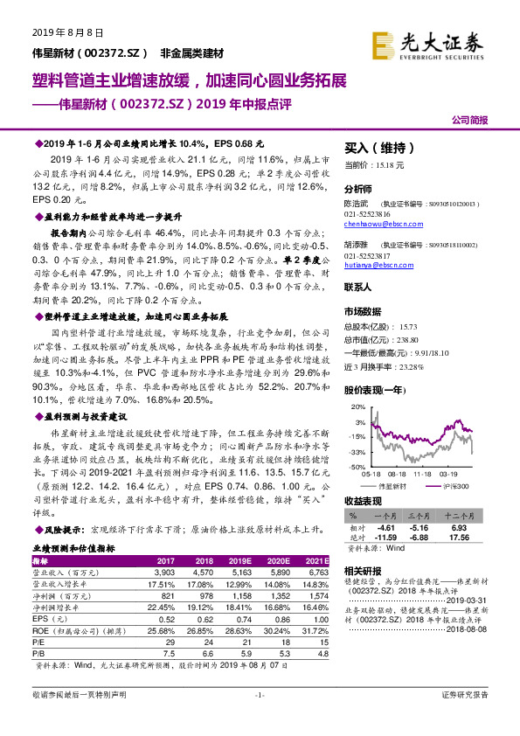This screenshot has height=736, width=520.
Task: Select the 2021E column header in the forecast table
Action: (x=315, y=560)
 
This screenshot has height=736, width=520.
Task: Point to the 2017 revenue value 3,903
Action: (x=164, y=571)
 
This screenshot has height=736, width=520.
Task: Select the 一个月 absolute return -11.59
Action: (x=385, y=538)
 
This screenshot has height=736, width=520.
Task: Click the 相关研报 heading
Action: (x=364, y=569)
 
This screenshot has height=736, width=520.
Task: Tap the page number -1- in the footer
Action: (x=259, y=695)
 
